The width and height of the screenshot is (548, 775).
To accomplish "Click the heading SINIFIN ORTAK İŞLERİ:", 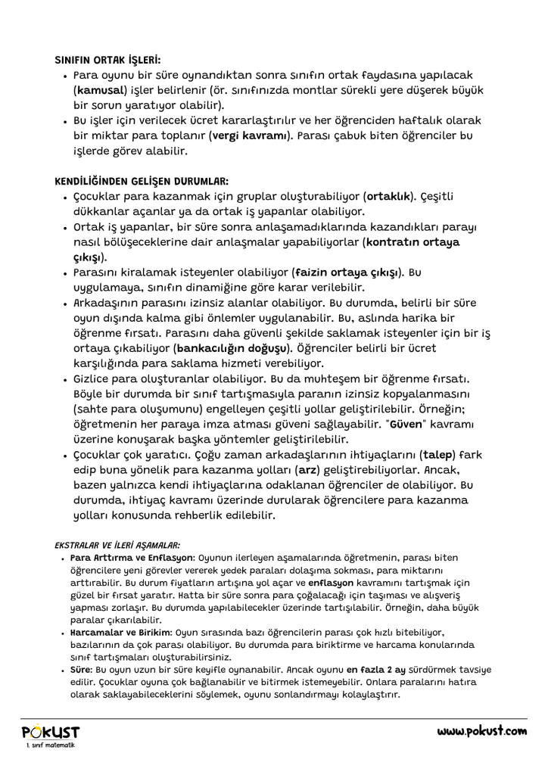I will click(107, 58).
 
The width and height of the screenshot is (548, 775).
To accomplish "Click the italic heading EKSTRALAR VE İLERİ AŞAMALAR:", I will click(117, 544).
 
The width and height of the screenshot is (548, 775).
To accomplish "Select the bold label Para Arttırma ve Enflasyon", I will click(123, 558).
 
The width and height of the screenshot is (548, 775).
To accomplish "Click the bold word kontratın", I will click(401, 242).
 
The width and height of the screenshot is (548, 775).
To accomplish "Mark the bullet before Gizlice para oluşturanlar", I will click(67, 378).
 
